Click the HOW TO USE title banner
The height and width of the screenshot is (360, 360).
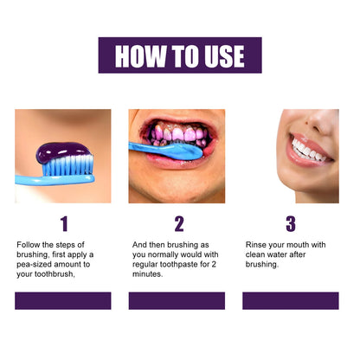[x=180, y=55]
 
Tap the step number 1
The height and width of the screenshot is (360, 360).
[x=62, y=224]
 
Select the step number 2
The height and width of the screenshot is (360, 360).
[x=178, y=224]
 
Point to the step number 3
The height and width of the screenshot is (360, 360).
[x=290, y=224]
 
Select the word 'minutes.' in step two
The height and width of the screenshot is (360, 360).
[x=148, y=274]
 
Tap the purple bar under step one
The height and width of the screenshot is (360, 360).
[x=63, y=300]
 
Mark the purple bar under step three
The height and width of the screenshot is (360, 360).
[x=290, y=300]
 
